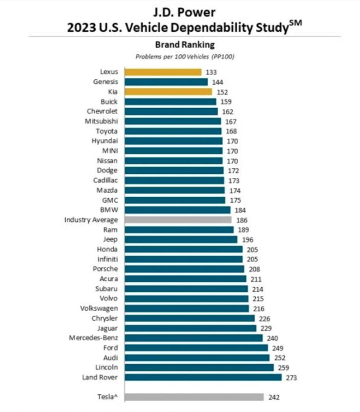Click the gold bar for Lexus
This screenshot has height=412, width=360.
click(163, 72)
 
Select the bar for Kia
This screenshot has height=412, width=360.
click(168, 92)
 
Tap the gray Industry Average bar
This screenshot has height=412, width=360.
click(178, 220)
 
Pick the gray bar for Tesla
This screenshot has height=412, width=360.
click(194, 397)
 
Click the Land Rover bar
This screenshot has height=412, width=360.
click(203, 377)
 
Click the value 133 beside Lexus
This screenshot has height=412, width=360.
click(211, 72)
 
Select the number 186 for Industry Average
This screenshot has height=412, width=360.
click(242, 220)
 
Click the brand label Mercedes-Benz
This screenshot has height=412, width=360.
click(93, 338)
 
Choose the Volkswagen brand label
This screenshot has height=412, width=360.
click(100, 308)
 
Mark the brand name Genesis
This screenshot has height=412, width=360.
click(106, 82)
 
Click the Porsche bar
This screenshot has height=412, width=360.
click(184, 269)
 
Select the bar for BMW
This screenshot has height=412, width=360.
click(177, 210)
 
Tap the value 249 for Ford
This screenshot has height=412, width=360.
click(277, 348)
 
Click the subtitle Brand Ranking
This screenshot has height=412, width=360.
click(185, 45)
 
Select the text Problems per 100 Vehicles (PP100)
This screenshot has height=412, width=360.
click(185, 57)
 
